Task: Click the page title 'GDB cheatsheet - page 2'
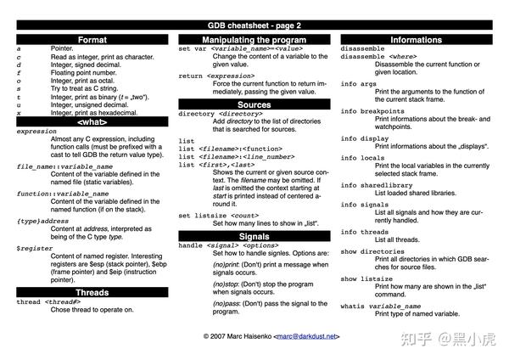pyautogui.click(x=255, y=26)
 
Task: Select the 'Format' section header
pyautogui.click(x=92, y=40)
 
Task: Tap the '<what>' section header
pyautogui.click(x=92, y=121)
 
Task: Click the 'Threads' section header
pyautogui.click(x=92, y=291)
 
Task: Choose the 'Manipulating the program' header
pyautogui.click(x=255, y=40)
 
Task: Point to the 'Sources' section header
pyautogui.click(x=255, y=104)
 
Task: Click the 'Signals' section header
pyautogui.click(x=255, y=236)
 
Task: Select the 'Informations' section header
pyautogui.click(x=416, y=40)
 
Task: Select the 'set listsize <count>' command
pyautogui.click(x=218, y=216)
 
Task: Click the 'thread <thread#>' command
pyautogui.click(x=48, y=301)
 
